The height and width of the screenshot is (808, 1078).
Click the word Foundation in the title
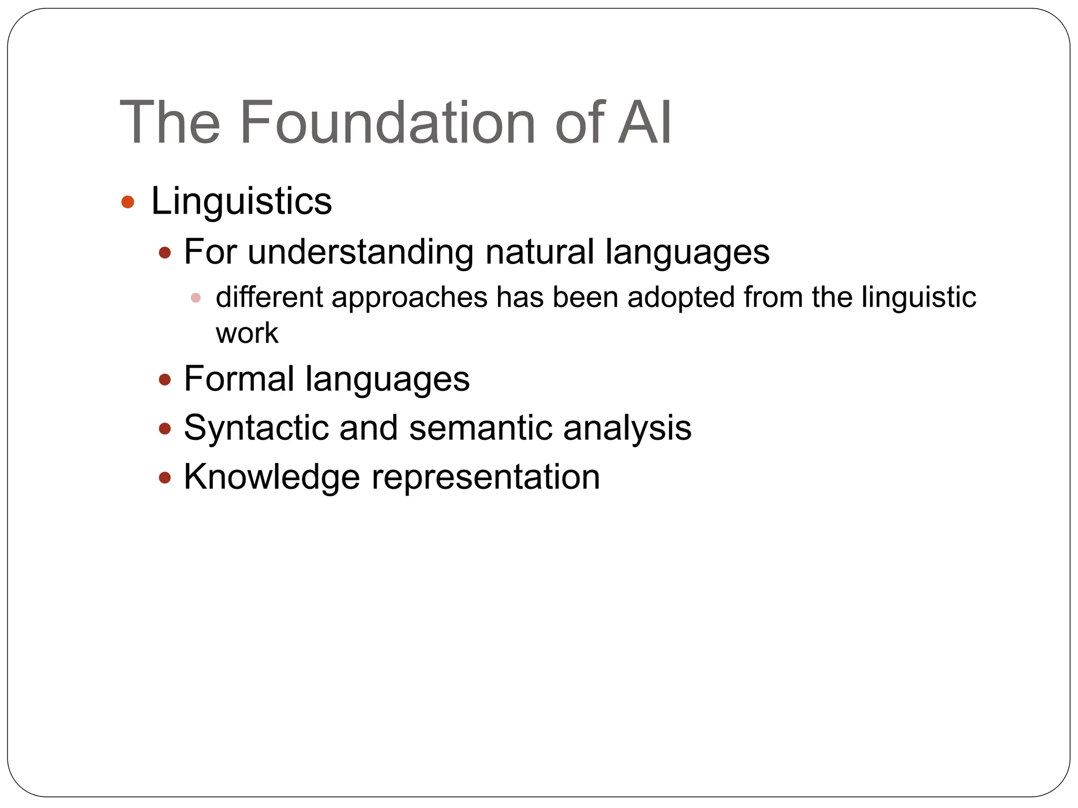(387, 123)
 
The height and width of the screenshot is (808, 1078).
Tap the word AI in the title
(644, 123)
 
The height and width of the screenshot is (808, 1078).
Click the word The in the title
(169, 123)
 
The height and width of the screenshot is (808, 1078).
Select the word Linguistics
(242, 201)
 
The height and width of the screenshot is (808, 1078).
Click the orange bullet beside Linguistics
(128, 202)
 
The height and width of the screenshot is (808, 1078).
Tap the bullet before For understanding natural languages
(165, 253)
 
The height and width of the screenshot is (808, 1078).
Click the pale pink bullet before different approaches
(196, 298)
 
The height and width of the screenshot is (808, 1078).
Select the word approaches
(410, 298)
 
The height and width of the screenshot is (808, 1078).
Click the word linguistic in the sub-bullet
(919, 298)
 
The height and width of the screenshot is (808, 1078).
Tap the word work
(247, 333)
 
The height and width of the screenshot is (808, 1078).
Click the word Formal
(239, 379)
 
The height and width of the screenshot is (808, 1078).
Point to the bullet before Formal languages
(165, 380)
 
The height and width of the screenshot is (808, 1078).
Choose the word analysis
(627, 428)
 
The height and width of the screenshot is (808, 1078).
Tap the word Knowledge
(272, 477)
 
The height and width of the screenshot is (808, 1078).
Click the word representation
(486, 477)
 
